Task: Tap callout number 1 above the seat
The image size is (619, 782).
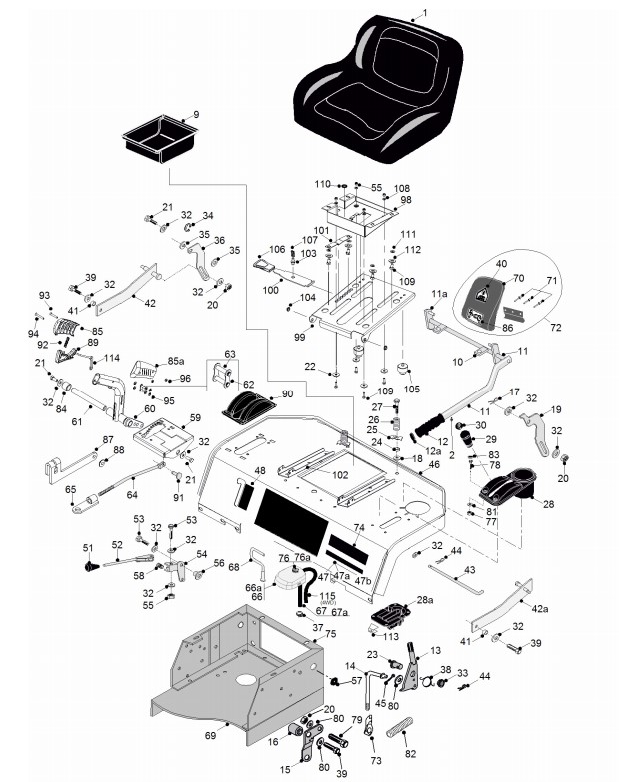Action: tap(424, 11)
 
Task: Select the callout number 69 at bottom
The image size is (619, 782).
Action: tap(210, 735)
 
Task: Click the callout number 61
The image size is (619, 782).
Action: tap(77, 421)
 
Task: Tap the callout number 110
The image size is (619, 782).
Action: tap(322, 184)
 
